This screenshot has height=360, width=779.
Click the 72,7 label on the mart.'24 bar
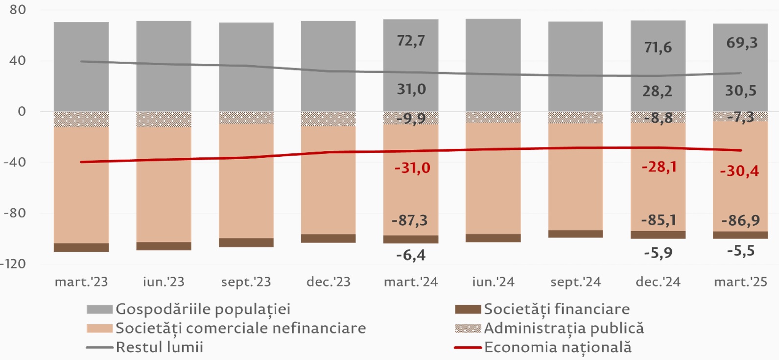click(411, 41)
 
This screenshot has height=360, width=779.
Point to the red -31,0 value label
click(412, 168)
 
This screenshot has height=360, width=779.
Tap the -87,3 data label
click(409, 220)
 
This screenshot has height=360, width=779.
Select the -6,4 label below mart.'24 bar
click(411, 255)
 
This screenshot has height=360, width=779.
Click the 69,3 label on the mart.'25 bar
click(742, 43)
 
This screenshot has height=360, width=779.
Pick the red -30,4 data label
click(739, 171)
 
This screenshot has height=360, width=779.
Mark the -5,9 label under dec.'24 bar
click(658, 253)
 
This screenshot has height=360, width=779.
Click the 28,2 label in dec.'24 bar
click(657, 91)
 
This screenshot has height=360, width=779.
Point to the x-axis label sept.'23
click(246, 282)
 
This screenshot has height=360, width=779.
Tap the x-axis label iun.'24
click(493, 282)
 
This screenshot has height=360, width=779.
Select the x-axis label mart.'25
click(740, 282)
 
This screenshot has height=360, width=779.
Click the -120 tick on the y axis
click(13, 264)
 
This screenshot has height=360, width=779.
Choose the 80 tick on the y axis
click(18, 10)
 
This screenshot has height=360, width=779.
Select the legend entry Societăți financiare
click(557, 310)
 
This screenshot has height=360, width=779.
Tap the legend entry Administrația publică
click(564, 328)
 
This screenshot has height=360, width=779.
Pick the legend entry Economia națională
click(558, 347)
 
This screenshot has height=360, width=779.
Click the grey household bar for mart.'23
click(81, 67)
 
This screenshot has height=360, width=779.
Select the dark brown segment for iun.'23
click(164, 246)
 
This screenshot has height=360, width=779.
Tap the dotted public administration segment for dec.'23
click(329, 119)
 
